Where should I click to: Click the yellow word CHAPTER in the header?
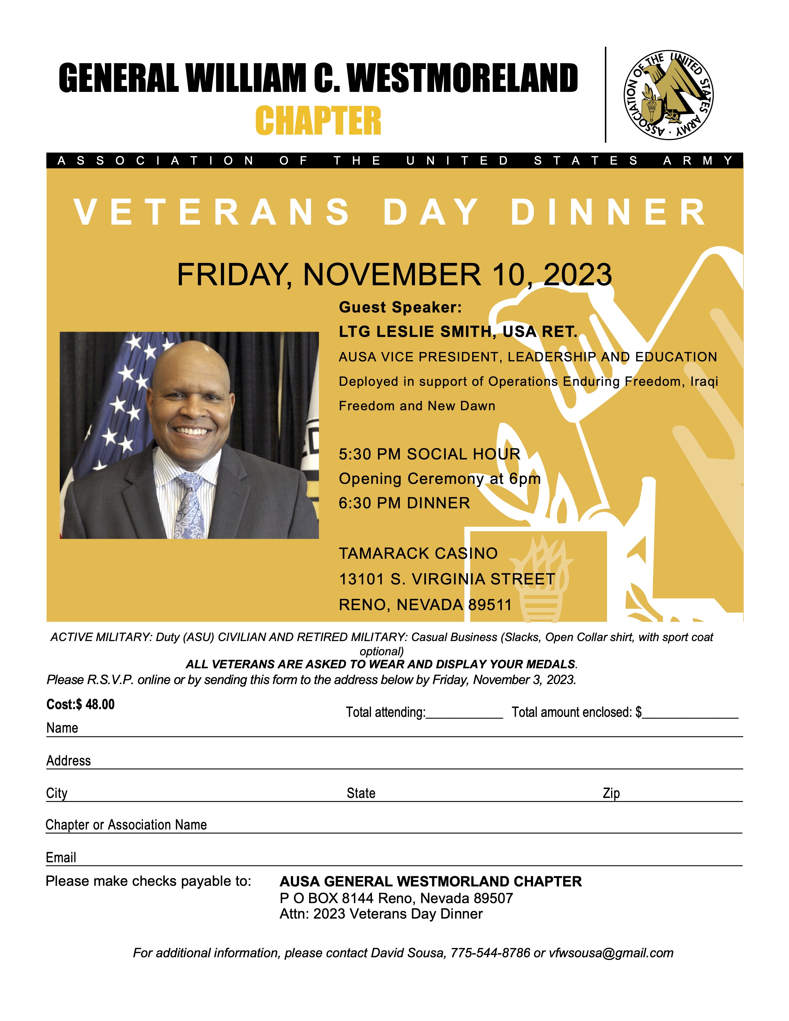pos(318,121)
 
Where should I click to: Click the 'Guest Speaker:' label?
pos(400,307)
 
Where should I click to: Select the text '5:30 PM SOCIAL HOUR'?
pos(429,454)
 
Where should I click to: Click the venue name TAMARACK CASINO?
pos(418,553)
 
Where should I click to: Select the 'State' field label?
pos(361,793)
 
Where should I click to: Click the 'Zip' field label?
pos(611,793)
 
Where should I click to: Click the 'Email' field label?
pos(61,857)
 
